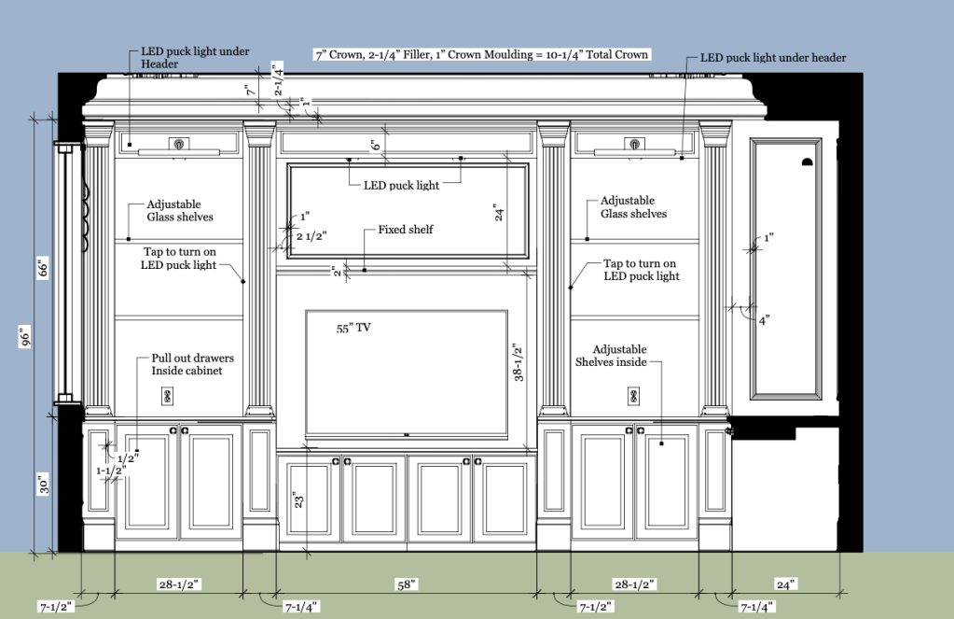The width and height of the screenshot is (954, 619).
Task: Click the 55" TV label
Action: click(x=353, y=328)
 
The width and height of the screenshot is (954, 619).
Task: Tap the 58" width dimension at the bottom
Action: click(x=407, y=584)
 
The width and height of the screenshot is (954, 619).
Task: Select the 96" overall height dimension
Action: click(x=25, y=337)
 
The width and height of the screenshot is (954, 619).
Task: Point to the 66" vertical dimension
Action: click(x=43, y=268)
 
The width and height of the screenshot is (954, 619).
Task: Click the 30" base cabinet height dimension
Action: click(x=43, y=485)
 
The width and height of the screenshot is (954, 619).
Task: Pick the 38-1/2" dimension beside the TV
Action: click(x=518, y=362)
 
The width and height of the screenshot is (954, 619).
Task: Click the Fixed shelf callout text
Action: click(x=406, y=230)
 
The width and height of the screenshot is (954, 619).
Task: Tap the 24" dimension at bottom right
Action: click(x=785, y=584)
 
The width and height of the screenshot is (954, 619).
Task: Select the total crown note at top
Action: click(x=482, y=54)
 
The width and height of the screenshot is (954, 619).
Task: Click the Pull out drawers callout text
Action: click(x=192, y=364)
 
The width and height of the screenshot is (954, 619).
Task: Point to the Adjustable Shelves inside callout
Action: click(x=612, y=356)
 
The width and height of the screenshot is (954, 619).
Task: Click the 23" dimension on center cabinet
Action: click(x=298, y=500)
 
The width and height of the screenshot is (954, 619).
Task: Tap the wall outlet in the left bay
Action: click(x=167, y=397)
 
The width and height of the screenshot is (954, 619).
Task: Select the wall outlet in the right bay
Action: click(x=633, y=397)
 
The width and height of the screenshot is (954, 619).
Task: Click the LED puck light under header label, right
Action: click(x=773, y=58)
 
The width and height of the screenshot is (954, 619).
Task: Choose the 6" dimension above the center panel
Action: click(x=376, y=145)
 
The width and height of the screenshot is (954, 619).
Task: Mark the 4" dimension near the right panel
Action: click(x=764, y=320)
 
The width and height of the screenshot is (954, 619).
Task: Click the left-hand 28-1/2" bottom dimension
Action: click(x=179, y=584)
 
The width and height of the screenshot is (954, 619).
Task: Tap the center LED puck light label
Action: click(x=401, y=185)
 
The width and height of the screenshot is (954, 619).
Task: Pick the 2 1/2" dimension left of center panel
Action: click(x=311, y=236)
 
